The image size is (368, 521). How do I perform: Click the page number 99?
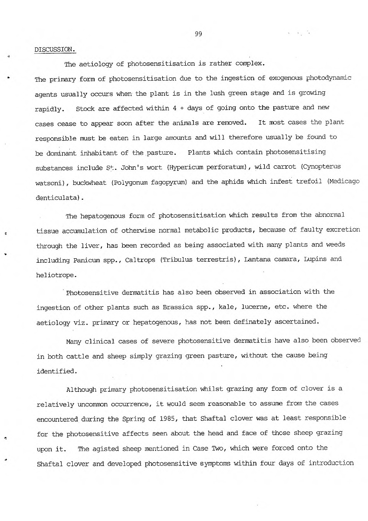tap(198, 34)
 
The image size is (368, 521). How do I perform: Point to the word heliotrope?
tap(57, 275)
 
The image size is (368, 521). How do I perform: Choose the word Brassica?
tap(180, 307)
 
